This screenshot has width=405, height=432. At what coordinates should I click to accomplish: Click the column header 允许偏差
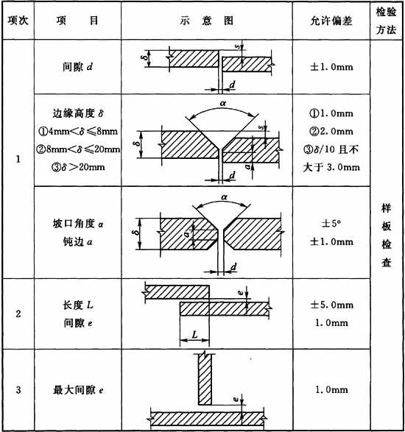[x=331, y=21]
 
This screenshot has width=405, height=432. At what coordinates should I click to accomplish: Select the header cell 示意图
[x=207, y=21]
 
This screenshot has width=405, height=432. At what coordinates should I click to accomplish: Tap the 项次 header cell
[x=18, y=21]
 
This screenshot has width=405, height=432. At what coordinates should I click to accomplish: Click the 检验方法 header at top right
[x=387, y=21]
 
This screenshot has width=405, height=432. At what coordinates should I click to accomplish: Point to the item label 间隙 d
[x=77, y=67]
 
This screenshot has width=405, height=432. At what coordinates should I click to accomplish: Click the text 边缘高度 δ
[x=78, y=113]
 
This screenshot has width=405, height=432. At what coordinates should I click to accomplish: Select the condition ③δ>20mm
[x=78, y=167]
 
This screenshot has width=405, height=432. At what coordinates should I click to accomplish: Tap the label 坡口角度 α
[x=78, y=224]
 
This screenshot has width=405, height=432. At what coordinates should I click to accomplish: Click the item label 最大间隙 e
[x=78, y=390]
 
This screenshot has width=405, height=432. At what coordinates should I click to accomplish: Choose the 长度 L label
[x=78, y=305]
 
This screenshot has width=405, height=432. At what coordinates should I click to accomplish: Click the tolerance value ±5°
[x=331, y=224]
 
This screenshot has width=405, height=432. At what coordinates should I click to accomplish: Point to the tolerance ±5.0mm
[x=331, y=305]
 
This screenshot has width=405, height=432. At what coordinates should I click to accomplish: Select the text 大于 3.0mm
[x=331, y=167]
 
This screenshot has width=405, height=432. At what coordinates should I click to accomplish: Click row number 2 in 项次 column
[x=18, y=314]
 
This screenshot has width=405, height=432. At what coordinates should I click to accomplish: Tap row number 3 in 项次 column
[x=18, y=390]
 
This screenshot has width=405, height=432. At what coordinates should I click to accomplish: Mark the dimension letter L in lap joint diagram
[x=194, y=335]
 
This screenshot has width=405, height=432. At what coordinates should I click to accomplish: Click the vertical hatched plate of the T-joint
[x=205, y=380]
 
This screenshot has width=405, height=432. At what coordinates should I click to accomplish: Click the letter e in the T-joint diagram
[x=236, y=399]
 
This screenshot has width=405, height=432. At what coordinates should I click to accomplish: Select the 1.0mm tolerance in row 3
[x=331, y=390]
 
